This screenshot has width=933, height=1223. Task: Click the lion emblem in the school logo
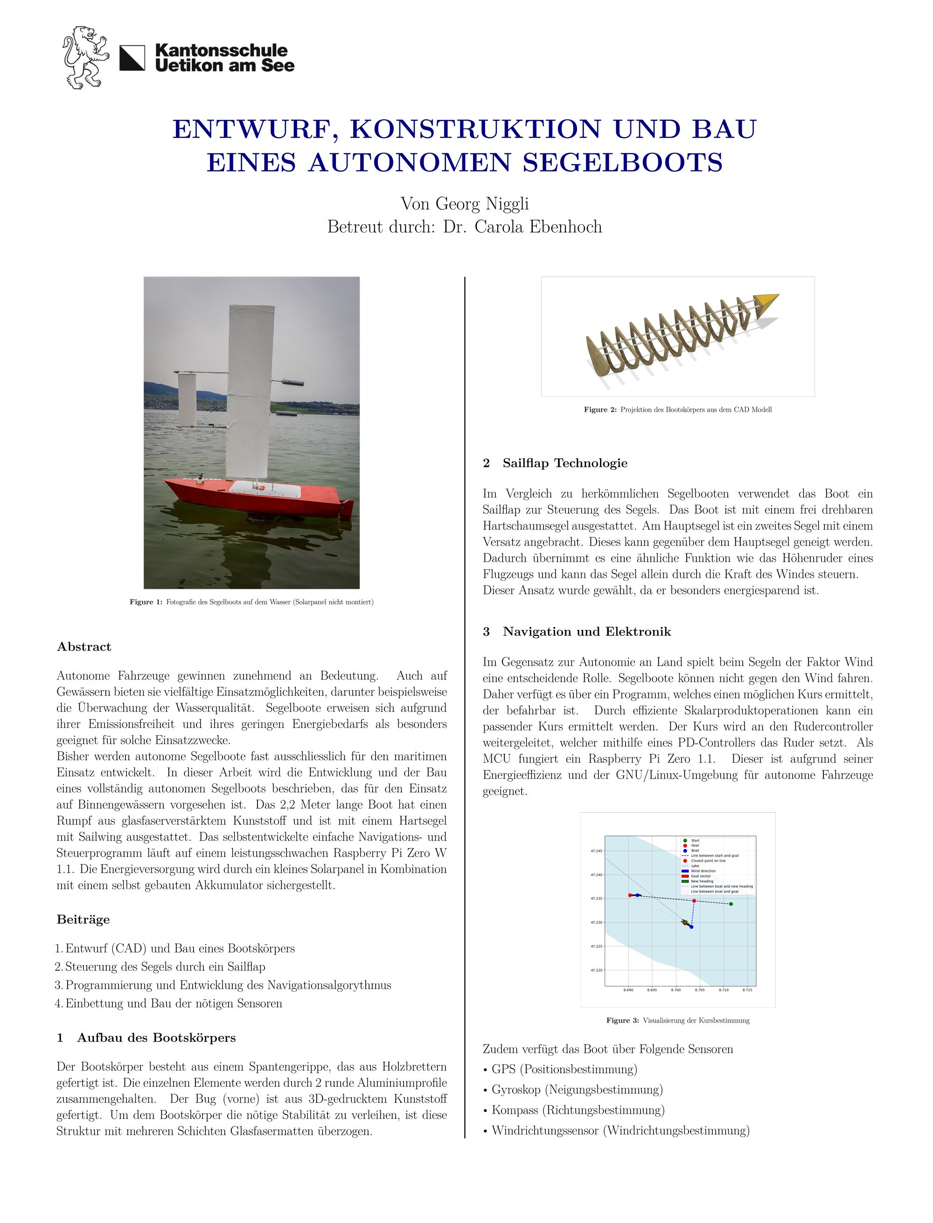point(84,57)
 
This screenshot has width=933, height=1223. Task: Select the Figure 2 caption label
point(600,410)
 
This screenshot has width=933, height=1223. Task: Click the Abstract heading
point(84,647)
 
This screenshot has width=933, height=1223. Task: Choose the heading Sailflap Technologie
point(565,463)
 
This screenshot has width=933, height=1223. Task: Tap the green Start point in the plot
point(731,904)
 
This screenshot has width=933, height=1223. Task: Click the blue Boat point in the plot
point(691,926)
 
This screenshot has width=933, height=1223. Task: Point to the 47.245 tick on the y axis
point(596,850)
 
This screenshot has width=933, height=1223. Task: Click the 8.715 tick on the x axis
point(747,990)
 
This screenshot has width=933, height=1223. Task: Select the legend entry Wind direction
point(703,871)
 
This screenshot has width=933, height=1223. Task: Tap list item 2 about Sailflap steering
point(165,967)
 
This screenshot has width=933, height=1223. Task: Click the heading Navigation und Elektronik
point(586,632)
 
